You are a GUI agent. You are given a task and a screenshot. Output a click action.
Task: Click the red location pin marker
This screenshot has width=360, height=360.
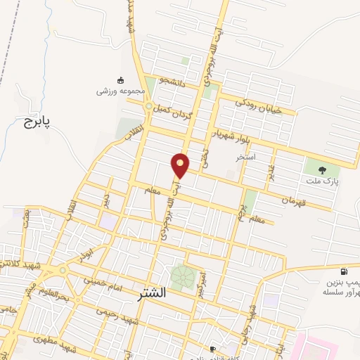[181, 166]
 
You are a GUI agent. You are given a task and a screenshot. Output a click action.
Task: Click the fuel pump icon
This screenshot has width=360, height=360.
[343, 272]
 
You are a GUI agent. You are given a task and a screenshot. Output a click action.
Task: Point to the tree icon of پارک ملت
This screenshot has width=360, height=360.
[323, 169]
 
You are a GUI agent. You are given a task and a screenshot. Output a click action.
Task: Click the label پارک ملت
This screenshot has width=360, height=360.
[323, 181]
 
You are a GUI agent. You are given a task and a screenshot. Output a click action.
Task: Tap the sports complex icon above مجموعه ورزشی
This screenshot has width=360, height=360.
[120, 79]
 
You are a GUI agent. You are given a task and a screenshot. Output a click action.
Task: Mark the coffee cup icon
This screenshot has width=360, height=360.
[212, 349]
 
